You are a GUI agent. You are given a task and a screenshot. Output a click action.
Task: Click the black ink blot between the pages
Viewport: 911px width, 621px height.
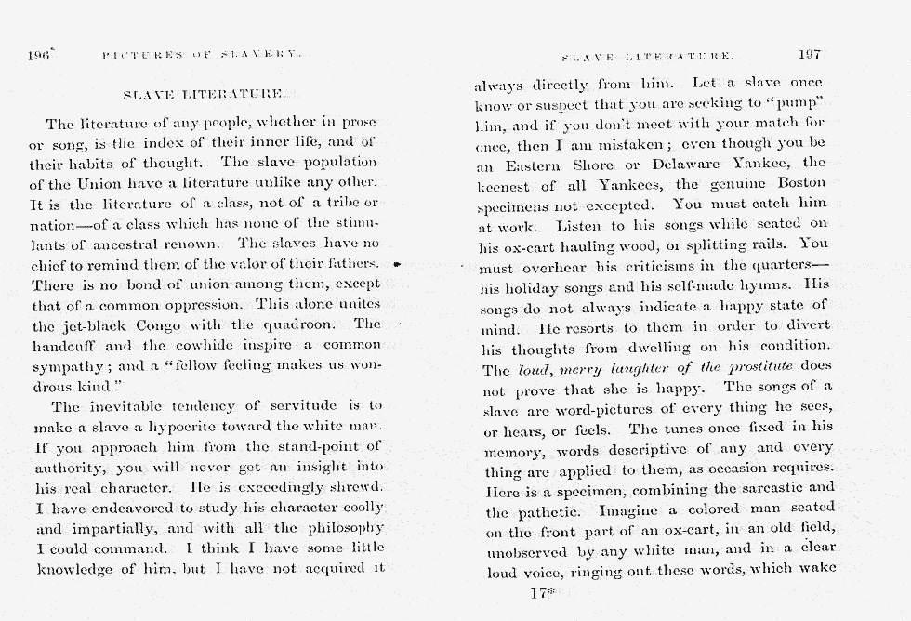pyautogui.click(x=396, y=265)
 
